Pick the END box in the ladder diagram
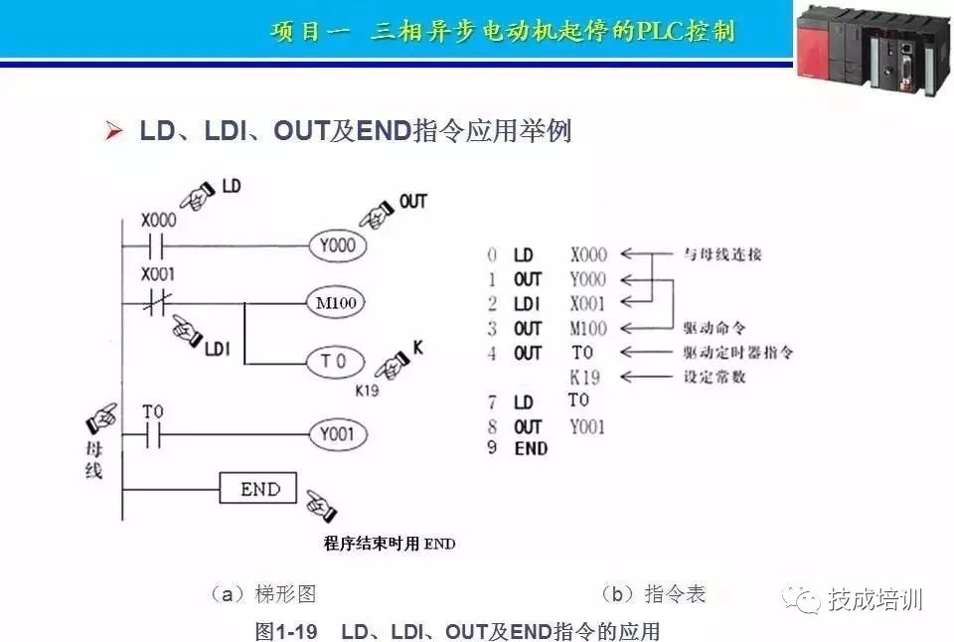tap(257, 489)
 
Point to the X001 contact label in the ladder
tap(158, 273)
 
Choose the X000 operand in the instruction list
tap(588, 255)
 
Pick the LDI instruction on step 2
tap(526, 304)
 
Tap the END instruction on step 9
tap(531, 449)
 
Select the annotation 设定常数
tap(715, 377)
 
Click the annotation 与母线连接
tap(722, 254)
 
